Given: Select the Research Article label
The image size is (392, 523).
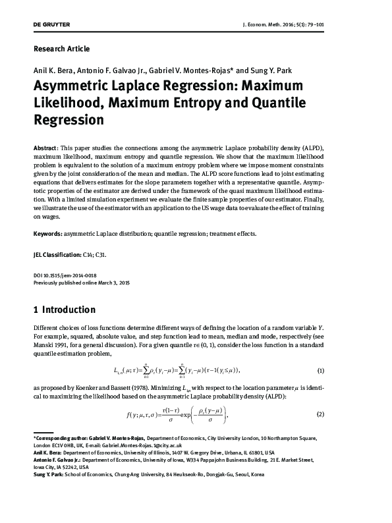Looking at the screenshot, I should tap(61, 49).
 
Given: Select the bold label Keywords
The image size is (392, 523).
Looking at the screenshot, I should tap(47, 233).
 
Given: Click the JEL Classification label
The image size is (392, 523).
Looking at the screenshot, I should tap(57, 254).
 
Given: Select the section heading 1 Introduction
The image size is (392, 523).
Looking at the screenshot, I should tap(64, 310).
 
